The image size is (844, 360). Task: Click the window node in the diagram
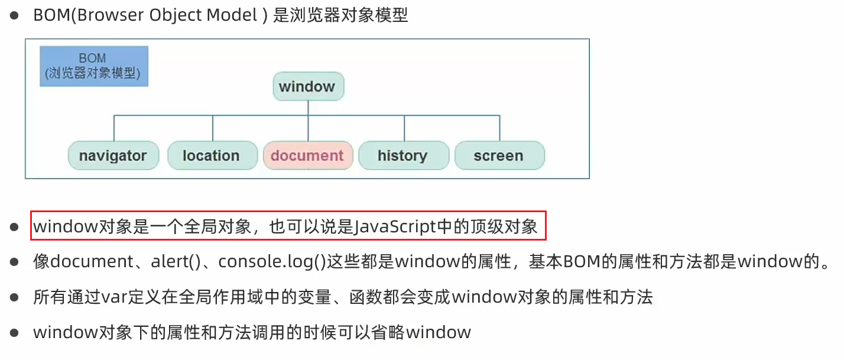click(307, 87)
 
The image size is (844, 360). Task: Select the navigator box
click(113, 155)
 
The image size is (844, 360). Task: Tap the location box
click(211, 155)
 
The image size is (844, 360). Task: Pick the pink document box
click(307, 155)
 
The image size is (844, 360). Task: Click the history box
click(402, 155)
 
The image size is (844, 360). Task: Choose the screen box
click(499, 155)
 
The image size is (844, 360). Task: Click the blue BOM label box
click(93, 66)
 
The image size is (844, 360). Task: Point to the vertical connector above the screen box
click(499, 128)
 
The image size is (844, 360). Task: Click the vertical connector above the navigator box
click(113, 128)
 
